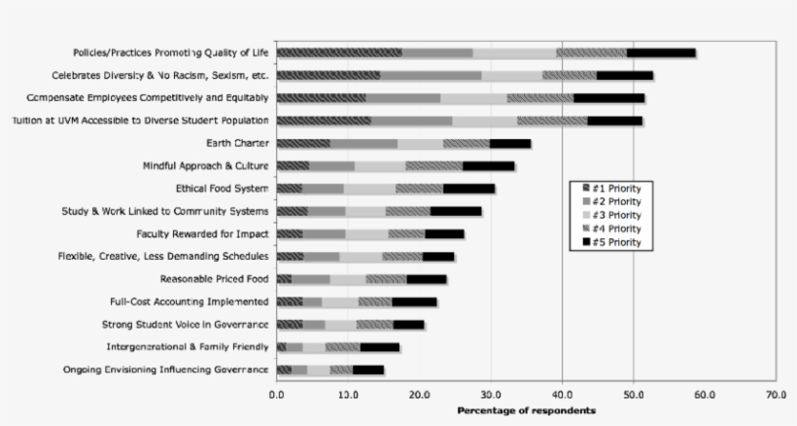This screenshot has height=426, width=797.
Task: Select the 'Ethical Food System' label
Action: (x=223, y=189)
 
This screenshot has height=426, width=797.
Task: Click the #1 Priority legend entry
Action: (x=615, y=188)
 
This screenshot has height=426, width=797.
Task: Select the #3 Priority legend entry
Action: (x=615, y=215)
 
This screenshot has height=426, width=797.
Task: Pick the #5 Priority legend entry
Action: (x=615, y=241)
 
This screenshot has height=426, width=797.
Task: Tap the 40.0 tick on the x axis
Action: (x=562, y=396)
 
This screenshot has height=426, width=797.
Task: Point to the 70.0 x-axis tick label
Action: (x=776, y=396)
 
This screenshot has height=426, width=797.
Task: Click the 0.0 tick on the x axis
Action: (x=277, y=396)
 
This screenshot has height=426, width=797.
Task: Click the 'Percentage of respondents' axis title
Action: (x=526, y=410)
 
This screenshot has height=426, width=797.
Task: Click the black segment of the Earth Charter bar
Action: (x=510, y=143)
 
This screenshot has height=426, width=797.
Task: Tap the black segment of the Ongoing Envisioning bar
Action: (x=367, y=370)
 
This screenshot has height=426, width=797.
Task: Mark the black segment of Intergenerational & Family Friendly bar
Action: (x=380, y=347)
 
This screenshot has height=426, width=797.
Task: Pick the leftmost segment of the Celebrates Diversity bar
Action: (x=328, y=75)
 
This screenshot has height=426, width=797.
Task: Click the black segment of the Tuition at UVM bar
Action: (x=614, y=121)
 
